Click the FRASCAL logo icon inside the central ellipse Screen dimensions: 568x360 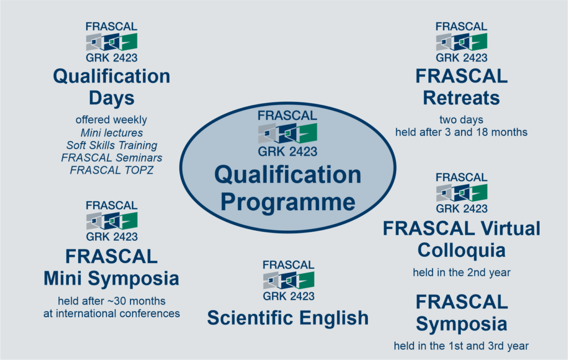coord(288,133)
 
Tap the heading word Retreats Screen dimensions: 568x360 coord(461,98)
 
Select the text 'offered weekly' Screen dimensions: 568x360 coord(111,120)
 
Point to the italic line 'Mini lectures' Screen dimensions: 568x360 coord(111,133)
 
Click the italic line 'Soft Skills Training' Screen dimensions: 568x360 coord(111,145)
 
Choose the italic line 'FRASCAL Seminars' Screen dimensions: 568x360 coord(111,158)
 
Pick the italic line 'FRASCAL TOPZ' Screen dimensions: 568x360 coord(111,170)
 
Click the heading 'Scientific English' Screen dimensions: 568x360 coord(288,318)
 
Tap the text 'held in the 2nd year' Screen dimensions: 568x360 coord(461,272)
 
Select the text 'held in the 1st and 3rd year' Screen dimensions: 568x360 coord(461,346)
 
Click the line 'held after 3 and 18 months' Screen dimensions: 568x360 coord(461,132)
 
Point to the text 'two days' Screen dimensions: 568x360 coord(461,120)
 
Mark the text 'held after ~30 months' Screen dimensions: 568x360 coord(111,301)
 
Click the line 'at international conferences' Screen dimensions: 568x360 coord(111,313)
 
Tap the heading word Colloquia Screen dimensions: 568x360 coord(461,251)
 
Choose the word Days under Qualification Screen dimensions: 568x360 coord(111,99)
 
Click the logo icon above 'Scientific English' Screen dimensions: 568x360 coord(288,280)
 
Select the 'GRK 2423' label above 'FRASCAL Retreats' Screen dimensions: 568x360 coord(461,58)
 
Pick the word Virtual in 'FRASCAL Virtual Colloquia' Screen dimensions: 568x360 coord(511,229)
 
